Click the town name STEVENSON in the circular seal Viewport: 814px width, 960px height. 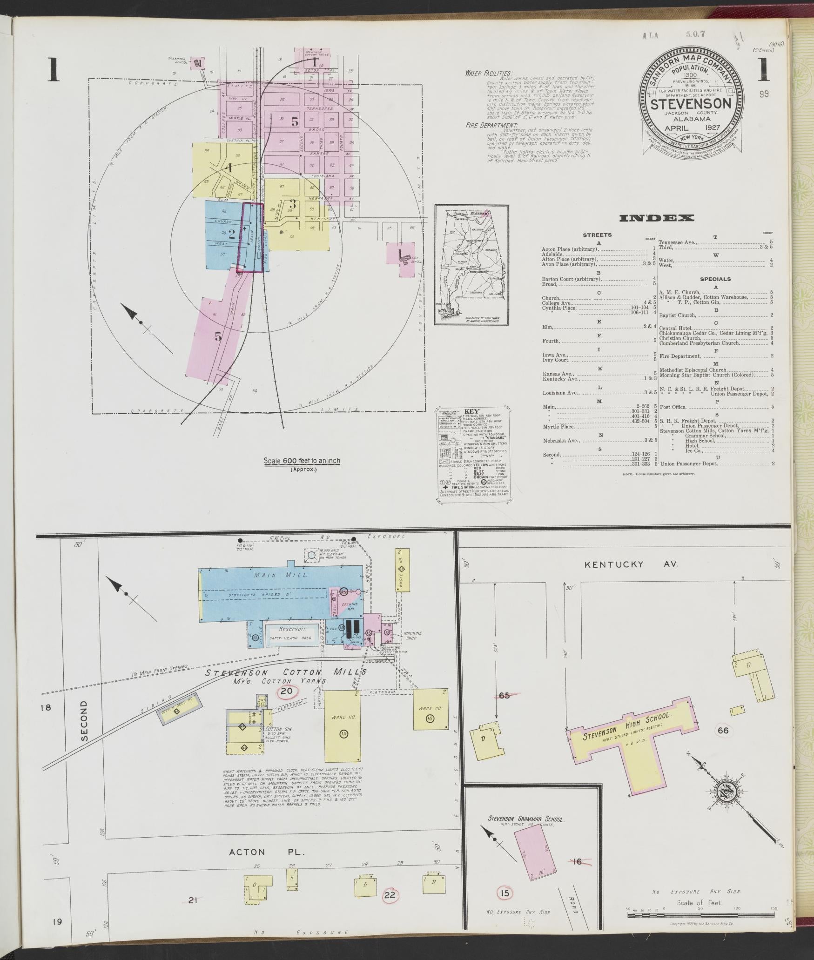(x=690, y=103)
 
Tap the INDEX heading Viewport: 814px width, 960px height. (x=656, y=218)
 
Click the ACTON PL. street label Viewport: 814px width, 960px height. (x=267, y=852)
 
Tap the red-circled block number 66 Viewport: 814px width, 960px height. (x=723, y=730)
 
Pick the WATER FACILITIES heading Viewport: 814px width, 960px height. (x=488, y=73)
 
